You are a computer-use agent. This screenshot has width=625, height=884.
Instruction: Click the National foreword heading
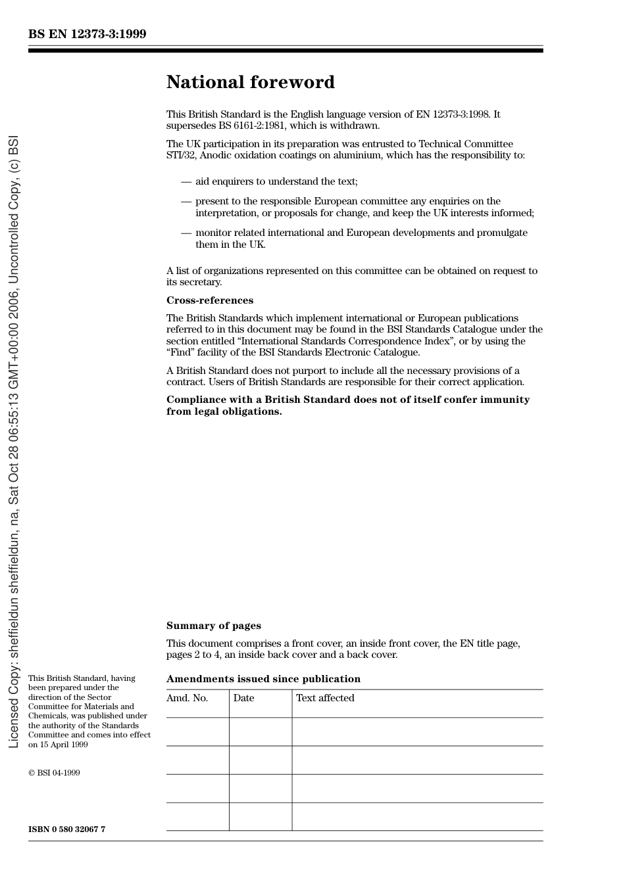(x=250, y=82)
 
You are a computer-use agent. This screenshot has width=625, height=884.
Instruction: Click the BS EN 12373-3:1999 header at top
(x=87, y=34)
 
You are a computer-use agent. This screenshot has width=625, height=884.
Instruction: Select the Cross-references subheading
(x=209, y=300)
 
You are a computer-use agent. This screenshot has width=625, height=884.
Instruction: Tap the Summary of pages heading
(x=213, y=626)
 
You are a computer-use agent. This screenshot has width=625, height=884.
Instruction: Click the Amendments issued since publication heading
(x=263, y=679)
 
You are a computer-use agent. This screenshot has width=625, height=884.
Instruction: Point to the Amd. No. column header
(x=187, y=698)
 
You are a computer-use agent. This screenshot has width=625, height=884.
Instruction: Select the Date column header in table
(x=243, y=698)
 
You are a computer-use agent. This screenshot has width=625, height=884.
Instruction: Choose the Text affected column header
(x=325, y=698)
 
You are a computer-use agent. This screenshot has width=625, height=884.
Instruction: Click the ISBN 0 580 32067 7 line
(x=66, y=829)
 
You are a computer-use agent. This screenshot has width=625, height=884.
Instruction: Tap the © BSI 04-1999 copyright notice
(x=54, y=773)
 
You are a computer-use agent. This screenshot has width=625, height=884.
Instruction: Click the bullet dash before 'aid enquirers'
(x=186, y=181)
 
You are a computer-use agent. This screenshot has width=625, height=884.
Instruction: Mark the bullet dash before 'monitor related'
(x=186, y=233)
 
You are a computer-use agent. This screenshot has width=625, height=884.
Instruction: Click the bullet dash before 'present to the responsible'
(x=186, y=201)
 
